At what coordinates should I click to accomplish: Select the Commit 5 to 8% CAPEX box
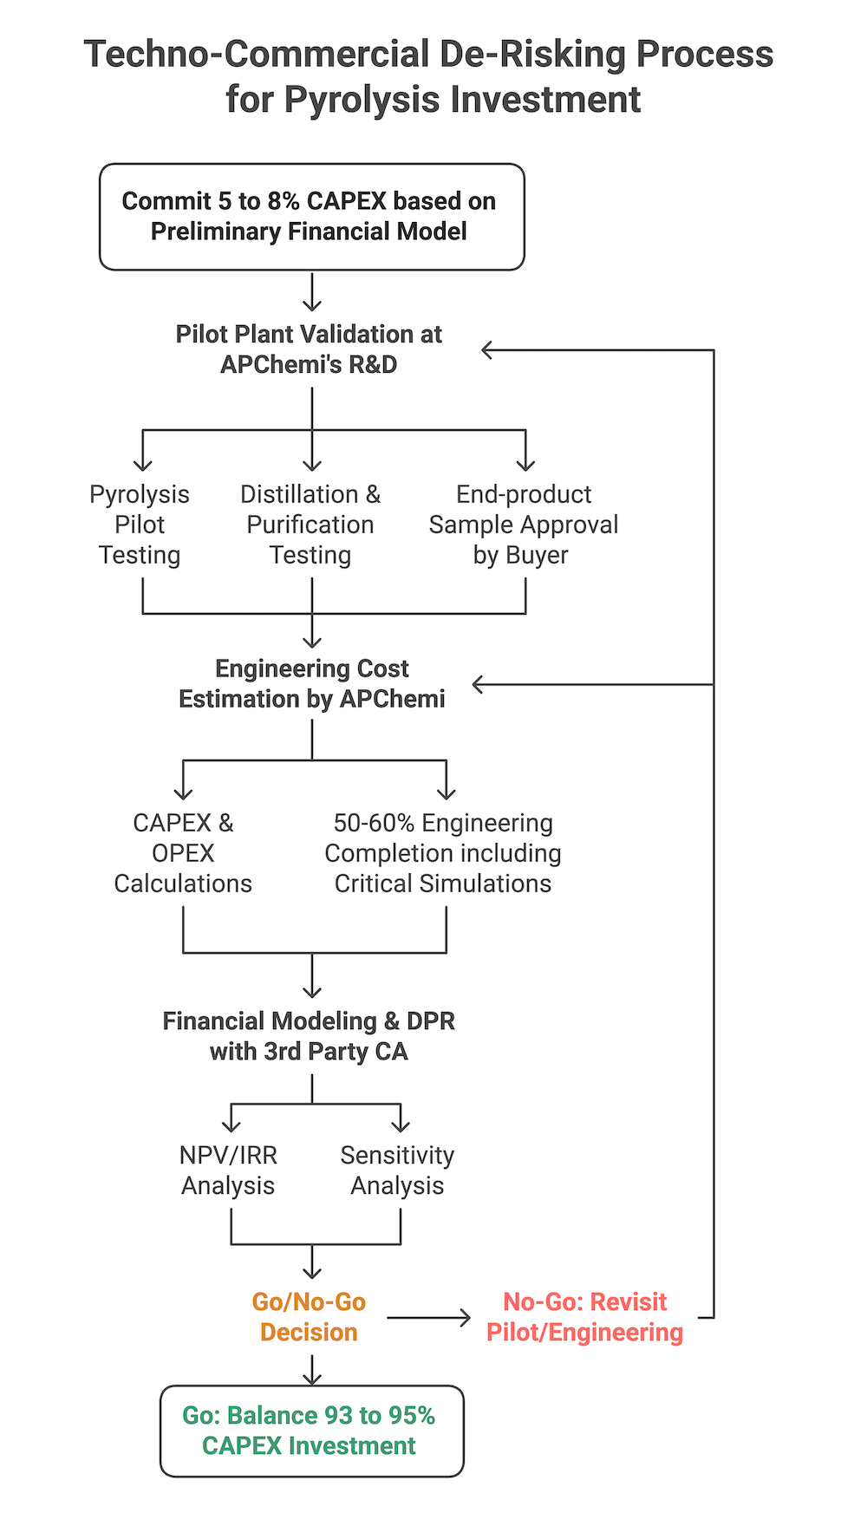tap(311, 217)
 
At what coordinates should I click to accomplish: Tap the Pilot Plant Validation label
tap(309, 349)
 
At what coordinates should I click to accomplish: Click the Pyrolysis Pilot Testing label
tap(140, 525)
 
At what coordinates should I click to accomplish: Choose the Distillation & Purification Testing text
tap(310, 525)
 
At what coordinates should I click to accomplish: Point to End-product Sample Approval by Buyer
tap(523, 525)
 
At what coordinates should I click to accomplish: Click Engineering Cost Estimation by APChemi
tap(311, 683)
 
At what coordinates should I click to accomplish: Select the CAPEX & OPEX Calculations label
tap(183, 853)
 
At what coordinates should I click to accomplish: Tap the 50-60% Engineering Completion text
tap(443, 853)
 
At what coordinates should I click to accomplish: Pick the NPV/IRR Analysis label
tap(228, 1171)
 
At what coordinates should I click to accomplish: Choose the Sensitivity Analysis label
tap(397, 1171)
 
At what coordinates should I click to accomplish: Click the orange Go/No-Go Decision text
tap(309, 1317)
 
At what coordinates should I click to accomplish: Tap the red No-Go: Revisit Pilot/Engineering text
tap(584, 1317)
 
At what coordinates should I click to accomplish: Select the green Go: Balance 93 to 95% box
tap(311, 1431)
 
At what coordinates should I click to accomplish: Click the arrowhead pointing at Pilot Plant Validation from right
tap(487, 350)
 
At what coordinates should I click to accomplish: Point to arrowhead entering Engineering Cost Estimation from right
tap(478, 684)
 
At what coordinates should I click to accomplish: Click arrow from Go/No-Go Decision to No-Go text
tap(429, 1318)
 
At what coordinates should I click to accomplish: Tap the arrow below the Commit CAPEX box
tap(312, 293)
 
